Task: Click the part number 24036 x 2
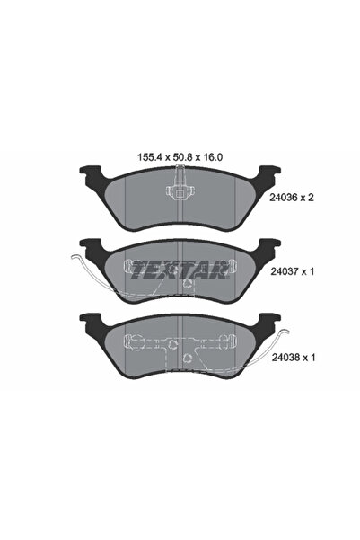pos(303,202)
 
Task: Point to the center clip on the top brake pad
pos(180,191)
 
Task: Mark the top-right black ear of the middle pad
pos(268,245)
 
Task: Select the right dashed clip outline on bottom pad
pos(224,342)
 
